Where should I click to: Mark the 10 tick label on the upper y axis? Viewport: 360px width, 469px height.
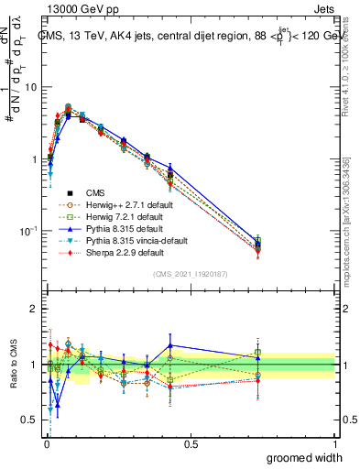click(x=32, y=87)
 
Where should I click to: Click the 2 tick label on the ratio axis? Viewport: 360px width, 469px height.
click(x=35, y=309)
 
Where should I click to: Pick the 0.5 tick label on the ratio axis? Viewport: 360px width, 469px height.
click(x=31, y=420)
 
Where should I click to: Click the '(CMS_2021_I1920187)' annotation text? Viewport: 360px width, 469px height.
click(x=190, y=274)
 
